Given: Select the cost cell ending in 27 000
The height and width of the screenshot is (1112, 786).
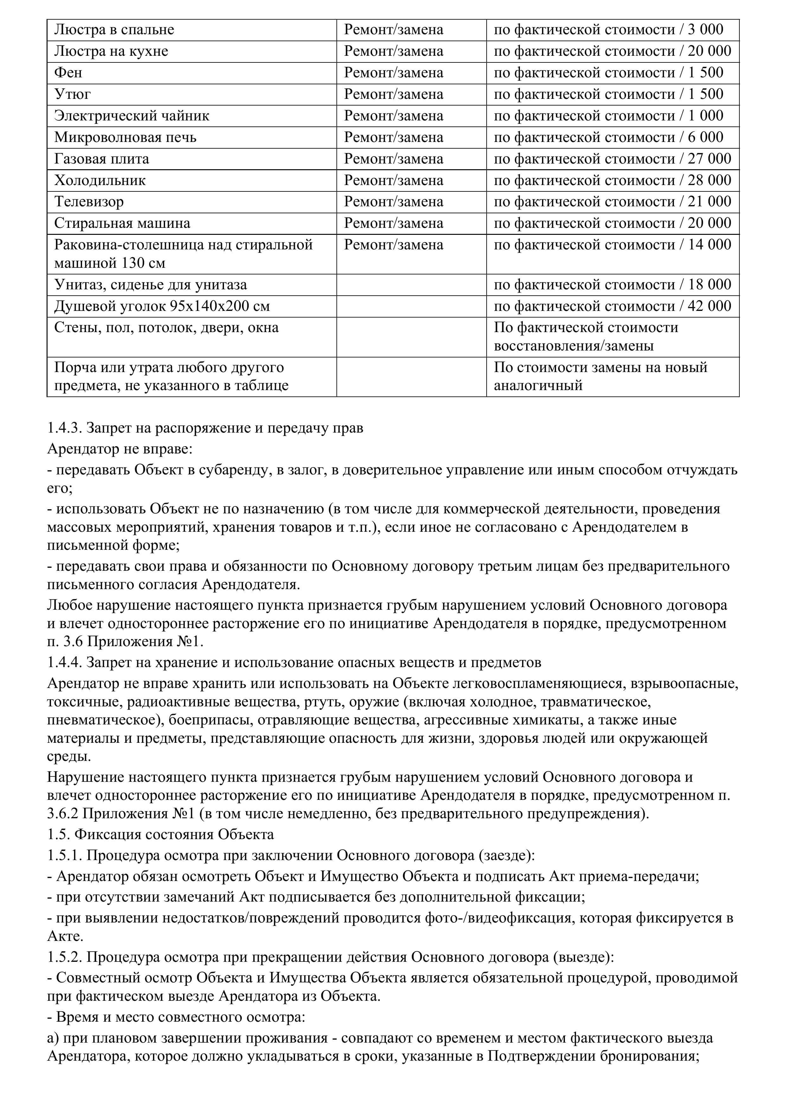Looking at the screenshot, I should click(612, 159).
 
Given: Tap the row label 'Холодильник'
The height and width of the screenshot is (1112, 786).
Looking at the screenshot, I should click(100, 181).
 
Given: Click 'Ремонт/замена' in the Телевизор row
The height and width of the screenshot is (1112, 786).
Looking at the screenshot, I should click(393, 202).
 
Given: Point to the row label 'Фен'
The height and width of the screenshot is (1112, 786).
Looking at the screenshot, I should click(68, 73).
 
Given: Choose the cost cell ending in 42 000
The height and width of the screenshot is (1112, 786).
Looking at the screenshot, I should click(612, 306).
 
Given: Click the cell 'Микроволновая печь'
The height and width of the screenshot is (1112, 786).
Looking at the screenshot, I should click(125, 138).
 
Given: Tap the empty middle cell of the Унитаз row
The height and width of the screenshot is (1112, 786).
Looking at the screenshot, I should click(411, 285).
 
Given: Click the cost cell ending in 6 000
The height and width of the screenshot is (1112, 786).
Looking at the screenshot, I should click(608, 138).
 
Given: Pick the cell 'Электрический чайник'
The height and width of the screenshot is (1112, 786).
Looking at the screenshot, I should click(132, 116).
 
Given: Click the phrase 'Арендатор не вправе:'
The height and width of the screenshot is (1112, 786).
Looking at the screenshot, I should click(120, 449).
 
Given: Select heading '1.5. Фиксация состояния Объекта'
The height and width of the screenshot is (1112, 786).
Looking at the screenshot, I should click(160, 834).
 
